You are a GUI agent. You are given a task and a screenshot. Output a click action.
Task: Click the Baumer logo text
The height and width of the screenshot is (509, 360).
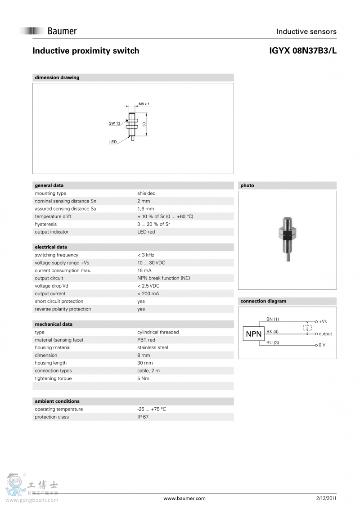click(62, 31)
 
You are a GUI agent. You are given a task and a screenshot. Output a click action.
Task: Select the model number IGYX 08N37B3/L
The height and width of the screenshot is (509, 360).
click(302, 51)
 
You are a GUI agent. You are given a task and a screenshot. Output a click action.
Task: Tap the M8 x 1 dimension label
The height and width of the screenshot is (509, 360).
click(144, 104)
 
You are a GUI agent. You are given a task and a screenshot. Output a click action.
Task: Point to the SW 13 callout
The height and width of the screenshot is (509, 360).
click(114, 123)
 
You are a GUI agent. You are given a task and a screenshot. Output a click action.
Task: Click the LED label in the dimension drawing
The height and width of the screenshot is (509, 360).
click(113, 142)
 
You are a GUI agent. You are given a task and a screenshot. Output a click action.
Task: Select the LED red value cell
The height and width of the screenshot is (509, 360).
click(146, 232)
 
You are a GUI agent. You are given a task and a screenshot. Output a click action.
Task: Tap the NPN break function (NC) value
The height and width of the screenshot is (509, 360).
click(163, 278)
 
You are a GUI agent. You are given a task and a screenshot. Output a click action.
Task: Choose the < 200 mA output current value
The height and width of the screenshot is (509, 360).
click(148, 293)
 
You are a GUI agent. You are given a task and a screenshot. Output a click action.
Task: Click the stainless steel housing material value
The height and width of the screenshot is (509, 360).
click(153, 347)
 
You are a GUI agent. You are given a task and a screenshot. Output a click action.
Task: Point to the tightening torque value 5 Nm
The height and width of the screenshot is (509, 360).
click(143, 378)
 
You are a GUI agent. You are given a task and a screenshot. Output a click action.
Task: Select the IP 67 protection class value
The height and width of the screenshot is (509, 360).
click(143, 417)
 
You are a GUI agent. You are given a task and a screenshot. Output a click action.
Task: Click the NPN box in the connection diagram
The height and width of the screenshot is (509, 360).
click(253, 334)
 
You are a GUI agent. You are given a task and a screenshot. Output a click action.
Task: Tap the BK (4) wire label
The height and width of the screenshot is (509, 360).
click(272, 332)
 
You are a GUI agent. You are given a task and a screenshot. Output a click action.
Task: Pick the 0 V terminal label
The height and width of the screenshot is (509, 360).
click(322, 345)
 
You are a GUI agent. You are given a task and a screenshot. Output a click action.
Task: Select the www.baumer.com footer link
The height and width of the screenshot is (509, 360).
click(184, 498)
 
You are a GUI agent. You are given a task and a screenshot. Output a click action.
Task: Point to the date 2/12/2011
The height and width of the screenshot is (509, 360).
click(326, 498)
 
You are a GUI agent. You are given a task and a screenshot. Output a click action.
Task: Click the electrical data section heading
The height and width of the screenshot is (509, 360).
click(51, 247)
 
